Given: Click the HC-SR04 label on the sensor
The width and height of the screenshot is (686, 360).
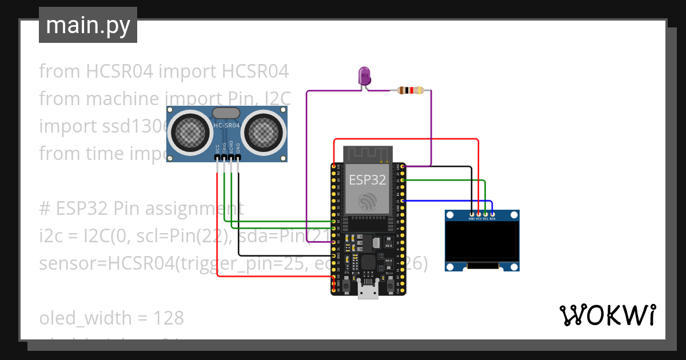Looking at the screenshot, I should point(226,126).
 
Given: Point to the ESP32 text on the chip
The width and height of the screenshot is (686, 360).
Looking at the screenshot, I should point(367,179).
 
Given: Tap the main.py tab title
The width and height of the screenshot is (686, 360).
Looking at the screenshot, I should point(87,26).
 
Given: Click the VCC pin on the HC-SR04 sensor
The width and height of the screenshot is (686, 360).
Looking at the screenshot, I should point(217,157).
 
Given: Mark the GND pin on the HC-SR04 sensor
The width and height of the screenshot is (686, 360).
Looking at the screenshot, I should point(238,157).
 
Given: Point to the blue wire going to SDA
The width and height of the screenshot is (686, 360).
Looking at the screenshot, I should point(446,201).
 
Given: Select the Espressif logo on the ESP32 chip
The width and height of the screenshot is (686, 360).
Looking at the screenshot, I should point(367,201).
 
